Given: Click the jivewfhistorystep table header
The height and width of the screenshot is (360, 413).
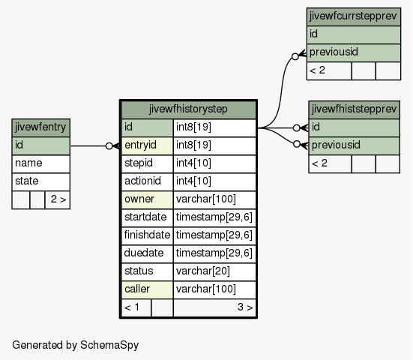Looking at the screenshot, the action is click(188, 109).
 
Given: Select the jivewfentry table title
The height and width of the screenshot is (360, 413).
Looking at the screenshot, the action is click(40, 127).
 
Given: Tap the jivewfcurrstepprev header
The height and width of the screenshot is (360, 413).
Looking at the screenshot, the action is click(354, 16).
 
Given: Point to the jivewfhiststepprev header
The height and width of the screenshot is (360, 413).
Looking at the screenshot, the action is click(354, 109).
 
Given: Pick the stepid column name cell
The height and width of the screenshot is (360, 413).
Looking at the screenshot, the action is click(147, 163).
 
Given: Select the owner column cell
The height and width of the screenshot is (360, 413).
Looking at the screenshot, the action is click(147, 199).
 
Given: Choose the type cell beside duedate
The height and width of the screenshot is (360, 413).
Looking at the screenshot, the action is click(214, 253).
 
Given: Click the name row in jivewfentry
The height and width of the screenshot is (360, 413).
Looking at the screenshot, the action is click(40, 163).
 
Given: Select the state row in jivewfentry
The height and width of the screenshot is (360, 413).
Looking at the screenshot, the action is click(40, 181).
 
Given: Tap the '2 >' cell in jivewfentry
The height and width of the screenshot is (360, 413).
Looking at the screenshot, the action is click(58, 199).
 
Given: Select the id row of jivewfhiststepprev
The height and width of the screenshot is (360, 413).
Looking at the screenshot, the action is click(354, 127).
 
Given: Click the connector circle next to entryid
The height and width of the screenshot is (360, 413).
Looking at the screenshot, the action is click(109, 145).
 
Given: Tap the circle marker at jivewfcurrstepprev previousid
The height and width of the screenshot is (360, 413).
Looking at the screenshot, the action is click(295, 56).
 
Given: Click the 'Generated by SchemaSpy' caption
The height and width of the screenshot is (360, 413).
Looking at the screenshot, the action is click(76, 345).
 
